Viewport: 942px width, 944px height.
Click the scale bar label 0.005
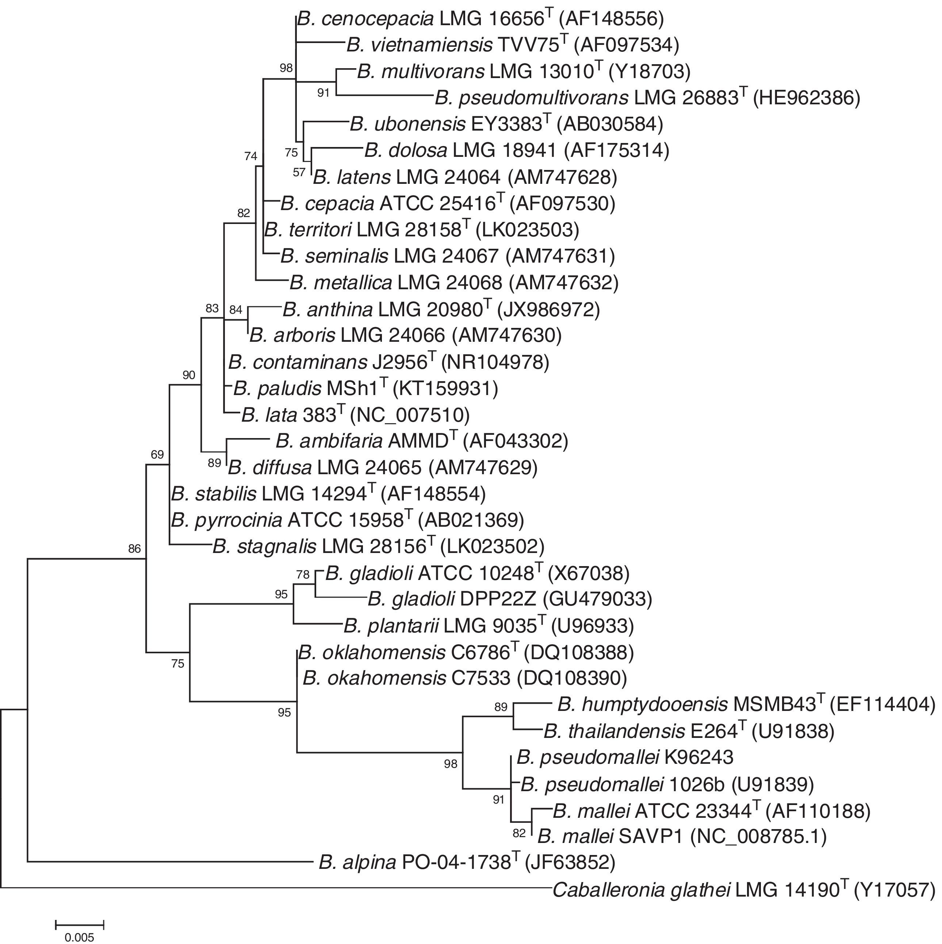(79, 937)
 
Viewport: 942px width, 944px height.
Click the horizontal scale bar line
(80, 924)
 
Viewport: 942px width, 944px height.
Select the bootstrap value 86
(134, 549)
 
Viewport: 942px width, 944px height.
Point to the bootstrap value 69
(157, 455)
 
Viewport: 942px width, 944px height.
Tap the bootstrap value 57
(299, 173)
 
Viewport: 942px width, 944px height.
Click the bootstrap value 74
(250, 156)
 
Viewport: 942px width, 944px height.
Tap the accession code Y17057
(895, 891)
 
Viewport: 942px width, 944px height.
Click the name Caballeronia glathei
(641, 891)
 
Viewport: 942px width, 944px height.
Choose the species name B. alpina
(357, 863)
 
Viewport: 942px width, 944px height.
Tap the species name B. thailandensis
(614, 731)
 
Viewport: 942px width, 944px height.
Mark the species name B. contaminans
(297, 363)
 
